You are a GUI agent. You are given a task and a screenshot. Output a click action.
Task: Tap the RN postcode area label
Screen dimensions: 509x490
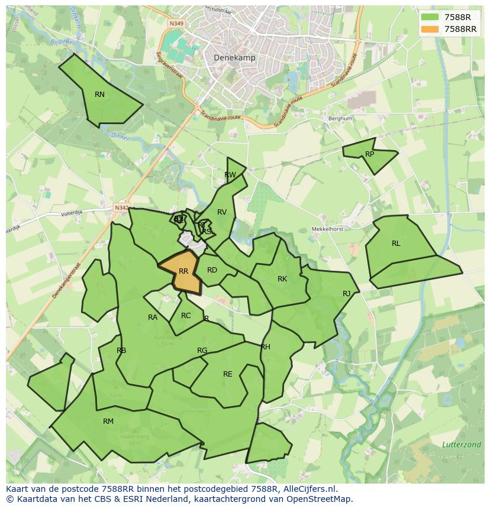(99, 95)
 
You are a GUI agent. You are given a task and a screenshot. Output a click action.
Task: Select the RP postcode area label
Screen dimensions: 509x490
(369, 154)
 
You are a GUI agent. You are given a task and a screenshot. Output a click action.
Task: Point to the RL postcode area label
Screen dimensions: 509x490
(396, 244)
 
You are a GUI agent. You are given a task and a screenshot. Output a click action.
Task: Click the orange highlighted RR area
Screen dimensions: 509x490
(183, 271)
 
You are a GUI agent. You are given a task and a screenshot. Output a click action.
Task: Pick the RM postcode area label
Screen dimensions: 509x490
(108, 422)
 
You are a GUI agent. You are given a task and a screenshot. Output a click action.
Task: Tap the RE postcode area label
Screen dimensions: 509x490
(228, 374)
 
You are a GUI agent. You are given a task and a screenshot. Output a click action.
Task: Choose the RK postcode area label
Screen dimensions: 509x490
(282, 279)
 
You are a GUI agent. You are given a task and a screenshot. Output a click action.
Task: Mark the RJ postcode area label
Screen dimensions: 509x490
(346, 294)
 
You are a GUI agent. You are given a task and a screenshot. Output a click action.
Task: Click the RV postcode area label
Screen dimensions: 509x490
(222, 212)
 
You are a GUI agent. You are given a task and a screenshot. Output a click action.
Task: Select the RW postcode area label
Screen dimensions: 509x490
(230, 175)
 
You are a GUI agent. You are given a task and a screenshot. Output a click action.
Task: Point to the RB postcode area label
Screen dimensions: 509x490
(121, 351)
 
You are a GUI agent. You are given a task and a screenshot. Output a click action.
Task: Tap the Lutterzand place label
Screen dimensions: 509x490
(461, 444)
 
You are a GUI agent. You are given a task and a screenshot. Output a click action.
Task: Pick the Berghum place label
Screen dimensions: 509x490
(340, 118)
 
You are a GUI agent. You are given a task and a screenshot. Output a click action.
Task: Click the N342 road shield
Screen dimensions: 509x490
(121, 208)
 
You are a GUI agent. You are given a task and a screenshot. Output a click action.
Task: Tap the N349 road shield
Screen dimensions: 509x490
(176, 24)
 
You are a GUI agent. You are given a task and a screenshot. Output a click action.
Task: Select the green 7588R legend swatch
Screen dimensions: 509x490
(430, 17)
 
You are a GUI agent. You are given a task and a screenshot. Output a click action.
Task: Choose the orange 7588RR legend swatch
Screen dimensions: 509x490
(430, 29)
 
